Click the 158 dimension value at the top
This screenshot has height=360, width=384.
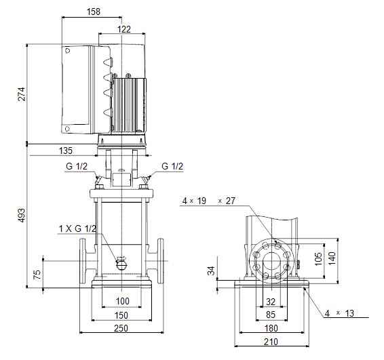[x=94, y=12]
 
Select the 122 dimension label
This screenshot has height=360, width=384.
[x=124, y=29]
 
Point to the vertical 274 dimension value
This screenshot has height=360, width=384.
[x=22, y=94]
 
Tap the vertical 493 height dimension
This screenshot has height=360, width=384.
[x=22, y=216]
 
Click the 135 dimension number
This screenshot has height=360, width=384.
[x=66, y=151]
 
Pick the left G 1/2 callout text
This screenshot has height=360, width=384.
[x=77, y=166]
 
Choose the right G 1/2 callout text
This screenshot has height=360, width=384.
[x=172, y=166]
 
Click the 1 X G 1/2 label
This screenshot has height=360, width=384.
[x=77, y=228]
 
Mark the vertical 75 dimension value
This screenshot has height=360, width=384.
[x=37, y=275]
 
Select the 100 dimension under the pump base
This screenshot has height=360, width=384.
[x=122, y=301]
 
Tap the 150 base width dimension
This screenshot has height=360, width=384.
[x=121, y=315]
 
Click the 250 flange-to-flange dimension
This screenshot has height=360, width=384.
[x=121, y=328]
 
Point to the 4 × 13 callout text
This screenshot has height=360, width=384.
[x=339, y=313]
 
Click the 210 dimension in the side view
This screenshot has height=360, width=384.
[x=271, y=342]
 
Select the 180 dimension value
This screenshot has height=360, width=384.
[x=271, y=328]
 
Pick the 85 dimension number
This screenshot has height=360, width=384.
[x=271, y=315]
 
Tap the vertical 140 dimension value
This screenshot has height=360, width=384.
[x=332, y=258]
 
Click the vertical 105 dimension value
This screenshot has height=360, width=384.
[x=318, y=259]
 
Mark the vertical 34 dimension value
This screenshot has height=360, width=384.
[x=211, y=271]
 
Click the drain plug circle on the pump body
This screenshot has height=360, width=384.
[x=121, y=265]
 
